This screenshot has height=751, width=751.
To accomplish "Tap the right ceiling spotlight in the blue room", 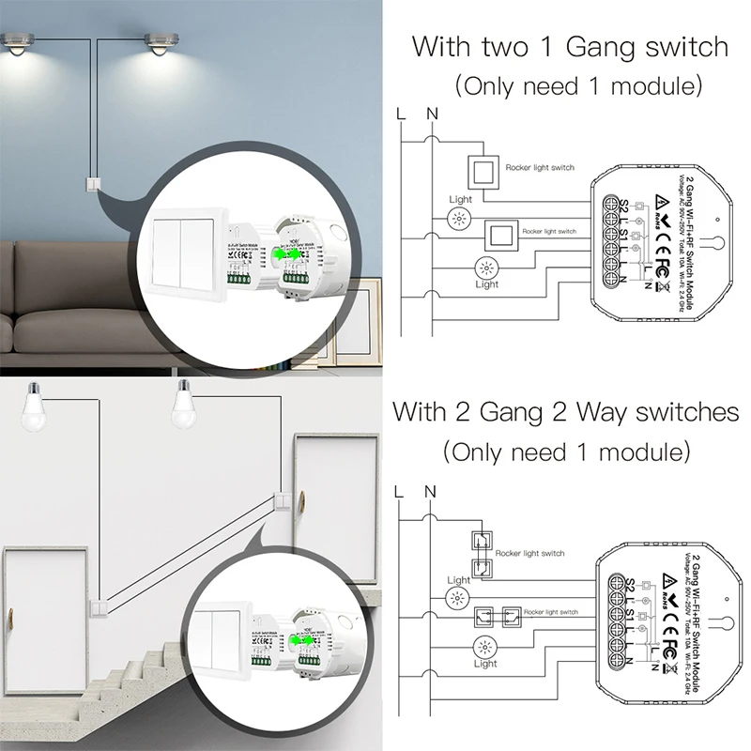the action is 160,44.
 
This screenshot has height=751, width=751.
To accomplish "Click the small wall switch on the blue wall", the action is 93,184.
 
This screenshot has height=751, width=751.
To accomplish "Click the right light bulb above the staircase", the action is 184,401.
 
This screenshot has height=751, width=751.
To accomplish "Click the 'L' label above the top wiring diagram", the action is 402,115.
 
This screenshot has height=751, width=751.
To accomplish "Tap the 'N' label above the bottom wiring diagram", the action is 431,491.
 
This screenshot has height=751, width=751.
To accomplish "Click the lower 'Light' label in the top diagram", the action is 486,284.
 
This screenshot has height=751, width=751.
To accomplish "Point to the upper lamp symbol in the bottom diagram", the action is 460,600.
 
